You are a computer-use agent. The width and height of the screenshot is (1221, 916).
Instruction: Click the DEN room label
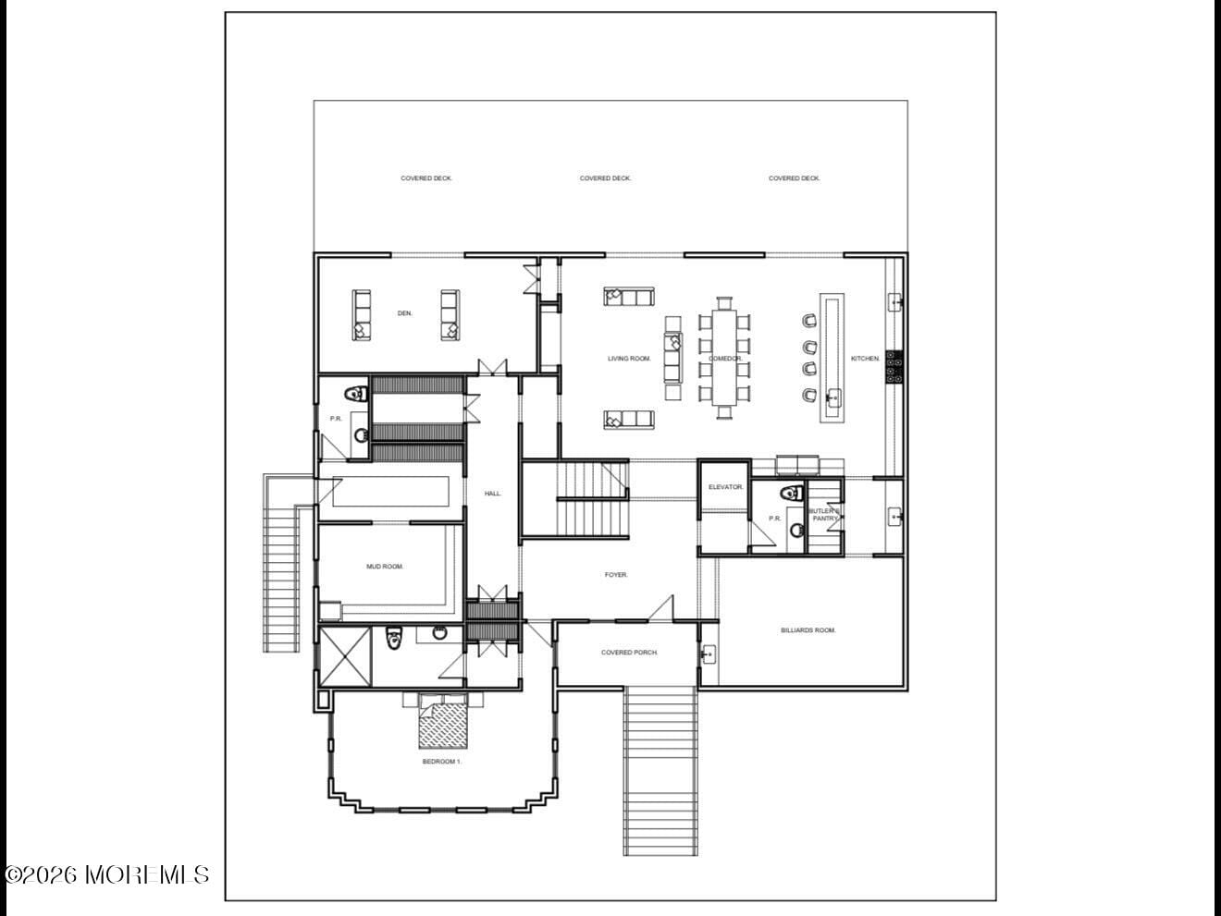point(404,313)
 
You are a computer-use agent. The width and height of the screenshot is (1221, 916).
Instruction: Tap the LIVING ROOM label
point(629,359)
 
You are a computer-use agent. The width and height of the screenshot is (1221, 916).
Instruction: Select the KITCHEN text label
point(866,359)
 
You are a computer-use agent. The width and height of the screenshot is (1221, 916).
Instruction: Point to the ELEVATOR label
point(725,487)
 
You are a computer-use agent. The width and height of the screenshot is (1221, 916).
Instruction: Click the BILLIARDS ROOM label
point(808,630)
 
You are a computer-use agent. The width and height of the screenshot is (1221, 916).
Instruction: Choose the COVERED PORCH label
point(629,653)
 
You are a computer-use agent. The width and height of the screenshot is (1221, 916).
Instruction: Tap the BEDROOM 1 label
point(441,762)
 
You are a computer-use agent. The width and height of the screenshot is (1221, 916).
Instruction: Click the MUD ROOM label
point(385,567)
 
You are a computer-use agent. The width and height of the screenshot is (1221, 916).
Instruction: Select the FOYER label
point(616,575)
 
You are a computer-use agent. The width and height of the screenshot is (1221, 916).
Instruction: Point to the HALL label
point(493,494)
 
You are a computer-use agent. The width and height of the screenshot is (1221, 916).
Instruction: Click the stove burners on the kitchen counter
point(894,366)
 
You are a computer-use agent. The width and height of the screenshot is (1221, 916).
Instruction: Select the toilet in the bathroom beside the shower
point(393,638)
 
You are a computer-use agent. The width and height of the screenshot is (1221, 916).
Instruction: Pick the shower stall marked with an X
point(345,656)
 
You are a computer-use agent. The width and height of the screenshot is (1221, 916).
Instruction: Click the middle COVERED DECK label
point(605,178)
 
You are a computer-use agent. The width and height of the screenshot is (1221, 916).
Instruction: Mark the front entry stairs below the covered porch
point(660,772)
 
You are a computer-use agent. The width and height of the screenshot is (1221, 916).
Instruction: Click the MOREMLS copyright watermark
point(106,874)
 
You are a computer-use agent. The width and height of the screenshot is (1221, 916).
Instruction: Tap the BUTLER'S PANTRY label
point(824,515)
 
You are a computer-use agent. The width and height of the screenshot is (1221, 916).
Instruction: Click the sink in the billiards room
point(709,655)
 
